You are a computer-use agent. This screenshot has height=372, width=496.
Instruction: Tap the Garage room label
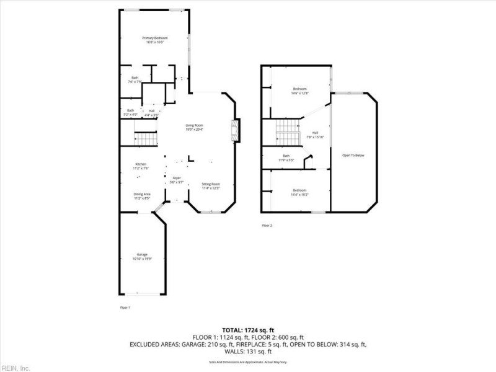[142, 257]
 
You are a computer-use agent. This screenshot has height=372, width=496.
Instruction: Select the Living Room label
[194, 128]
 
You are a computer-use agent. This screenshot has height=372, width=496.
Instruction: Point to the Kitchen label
[141, 166]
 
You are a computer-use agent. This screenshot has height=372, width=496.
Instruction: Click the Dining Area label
[142, 197]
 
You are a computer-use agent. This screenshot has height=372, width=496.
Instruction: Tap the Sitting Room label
[211, 186]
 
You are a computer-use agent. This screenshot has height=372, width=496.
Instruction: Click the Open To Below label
[353, 155]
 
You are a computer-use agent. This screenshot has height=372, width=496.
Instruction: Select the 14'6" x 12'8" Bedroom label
[300, 91]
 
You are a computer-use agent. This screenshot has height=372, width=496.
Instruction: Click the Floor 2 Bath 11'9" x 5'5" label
[286, 157]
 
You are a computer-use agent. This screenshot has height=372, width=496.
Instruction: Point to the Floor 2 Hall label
[315, 135]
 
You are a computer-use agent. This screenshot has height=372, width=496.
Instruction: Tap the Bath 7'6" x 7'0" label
[135, 79]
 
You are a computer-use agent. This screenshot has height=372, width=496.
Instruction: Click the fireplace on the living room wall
[236, 131]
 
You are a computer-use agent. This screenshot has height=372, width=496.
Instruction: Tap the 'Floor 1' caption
[125, 308]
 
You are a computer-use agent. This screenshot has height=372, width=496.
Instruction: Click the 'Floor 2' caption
[267, 226]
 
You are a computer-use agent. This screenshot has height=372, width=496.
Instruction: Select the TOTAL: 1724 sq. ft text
[248, 329]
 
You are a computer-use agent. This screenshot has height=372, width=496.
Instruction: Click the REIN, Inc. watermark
[15, 368]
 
